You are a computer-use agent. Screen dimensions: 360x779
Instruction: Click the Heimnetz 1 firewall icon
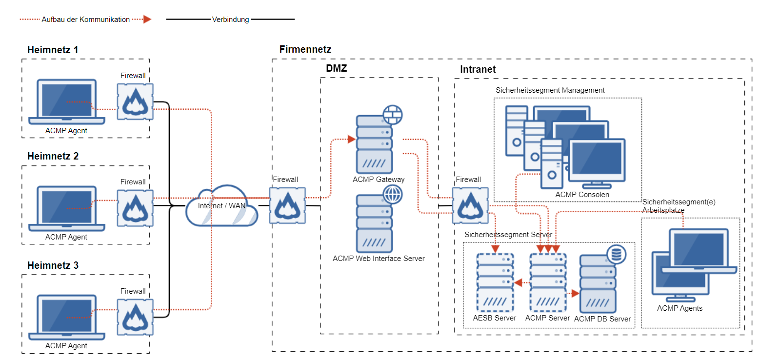[x=135, y=101]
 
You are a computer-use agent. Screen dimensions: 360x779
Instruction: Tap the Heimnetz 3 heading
[x=53, y=265]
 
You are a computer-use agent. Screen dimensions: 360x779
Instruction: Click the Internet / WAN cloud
[x=222, y=206]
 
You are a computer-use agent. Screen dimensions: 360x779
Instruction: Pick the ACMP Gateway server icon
[x=375, y=144]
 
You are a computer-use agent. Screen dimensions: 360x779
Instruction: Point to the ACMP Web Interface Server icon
[x=375, y=223]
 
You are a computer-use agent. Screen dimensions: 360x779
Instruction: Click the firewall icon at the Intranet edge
[x=470, y=205]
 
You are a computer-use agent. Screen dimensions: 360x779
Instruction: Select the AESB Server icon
[x=495, y=282]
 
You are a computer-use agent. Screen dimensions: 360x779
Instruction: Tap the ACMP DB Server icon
[x=598, y=284]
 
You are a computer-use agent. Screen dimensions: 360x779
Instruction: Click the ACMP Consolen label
[x=582, y=195]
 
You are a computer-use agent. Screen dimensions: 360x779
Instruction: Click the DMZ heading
[x=337, y=68]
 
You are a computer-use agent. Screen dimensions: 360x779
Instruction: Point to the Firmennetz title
[x=305, y=49]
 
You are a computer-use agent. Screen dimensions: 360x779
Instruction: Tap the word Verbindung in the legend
[x=230, y=20]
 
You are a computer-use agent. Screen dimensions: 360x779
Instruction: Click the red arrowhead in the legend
[x=147, y=20]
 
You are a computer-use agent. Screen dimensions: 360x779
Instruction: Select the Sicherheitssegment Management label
[x=550, y=90]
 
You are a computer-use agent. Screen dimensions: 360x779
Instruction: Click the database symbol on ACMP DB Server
[x=617, y=254]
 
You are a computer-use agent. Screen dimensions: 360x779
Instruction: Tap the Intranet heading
[x=478, y=69]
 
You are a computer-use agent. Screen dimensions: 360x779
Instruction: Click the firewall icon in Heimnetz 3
[x=135, y=317]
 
